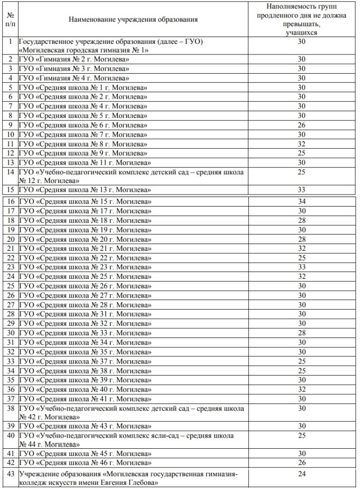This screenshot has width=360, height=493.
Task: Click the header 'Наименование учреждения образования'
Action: [133, 20]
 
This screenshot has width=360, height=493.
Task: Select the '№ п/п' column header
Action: [10, 20]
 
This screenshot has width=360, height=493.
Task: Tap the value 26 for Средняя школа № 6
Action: [301, 125]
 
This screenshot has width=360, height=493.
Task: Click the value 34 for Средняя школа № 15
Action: [301, 201]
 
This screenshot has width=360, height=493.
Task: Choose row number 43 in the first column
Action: [10, 474]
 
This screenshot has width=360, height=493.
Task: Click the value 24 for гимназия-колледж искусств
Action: [301, 474]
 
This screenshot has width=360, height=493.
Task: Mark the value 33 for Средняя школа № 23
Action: [301, 267]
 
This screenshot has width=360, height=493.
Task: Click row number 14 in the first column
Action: [10, 172]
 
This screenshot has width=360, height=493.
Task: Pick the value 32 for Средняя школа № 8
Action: [301, 143]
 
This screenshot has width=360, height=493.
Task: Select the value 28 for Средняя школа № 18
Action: [301, 220]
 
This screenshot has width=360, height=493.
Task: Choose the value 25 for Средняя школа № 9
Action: [301, 153]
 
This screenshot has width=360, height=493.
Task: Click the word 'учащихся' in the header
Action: [301, 33]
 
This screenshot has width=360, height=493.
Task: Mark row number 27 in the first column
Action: [10, 304]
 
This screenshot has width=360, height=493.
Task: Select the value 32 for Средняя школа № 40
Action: [301, 389]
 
